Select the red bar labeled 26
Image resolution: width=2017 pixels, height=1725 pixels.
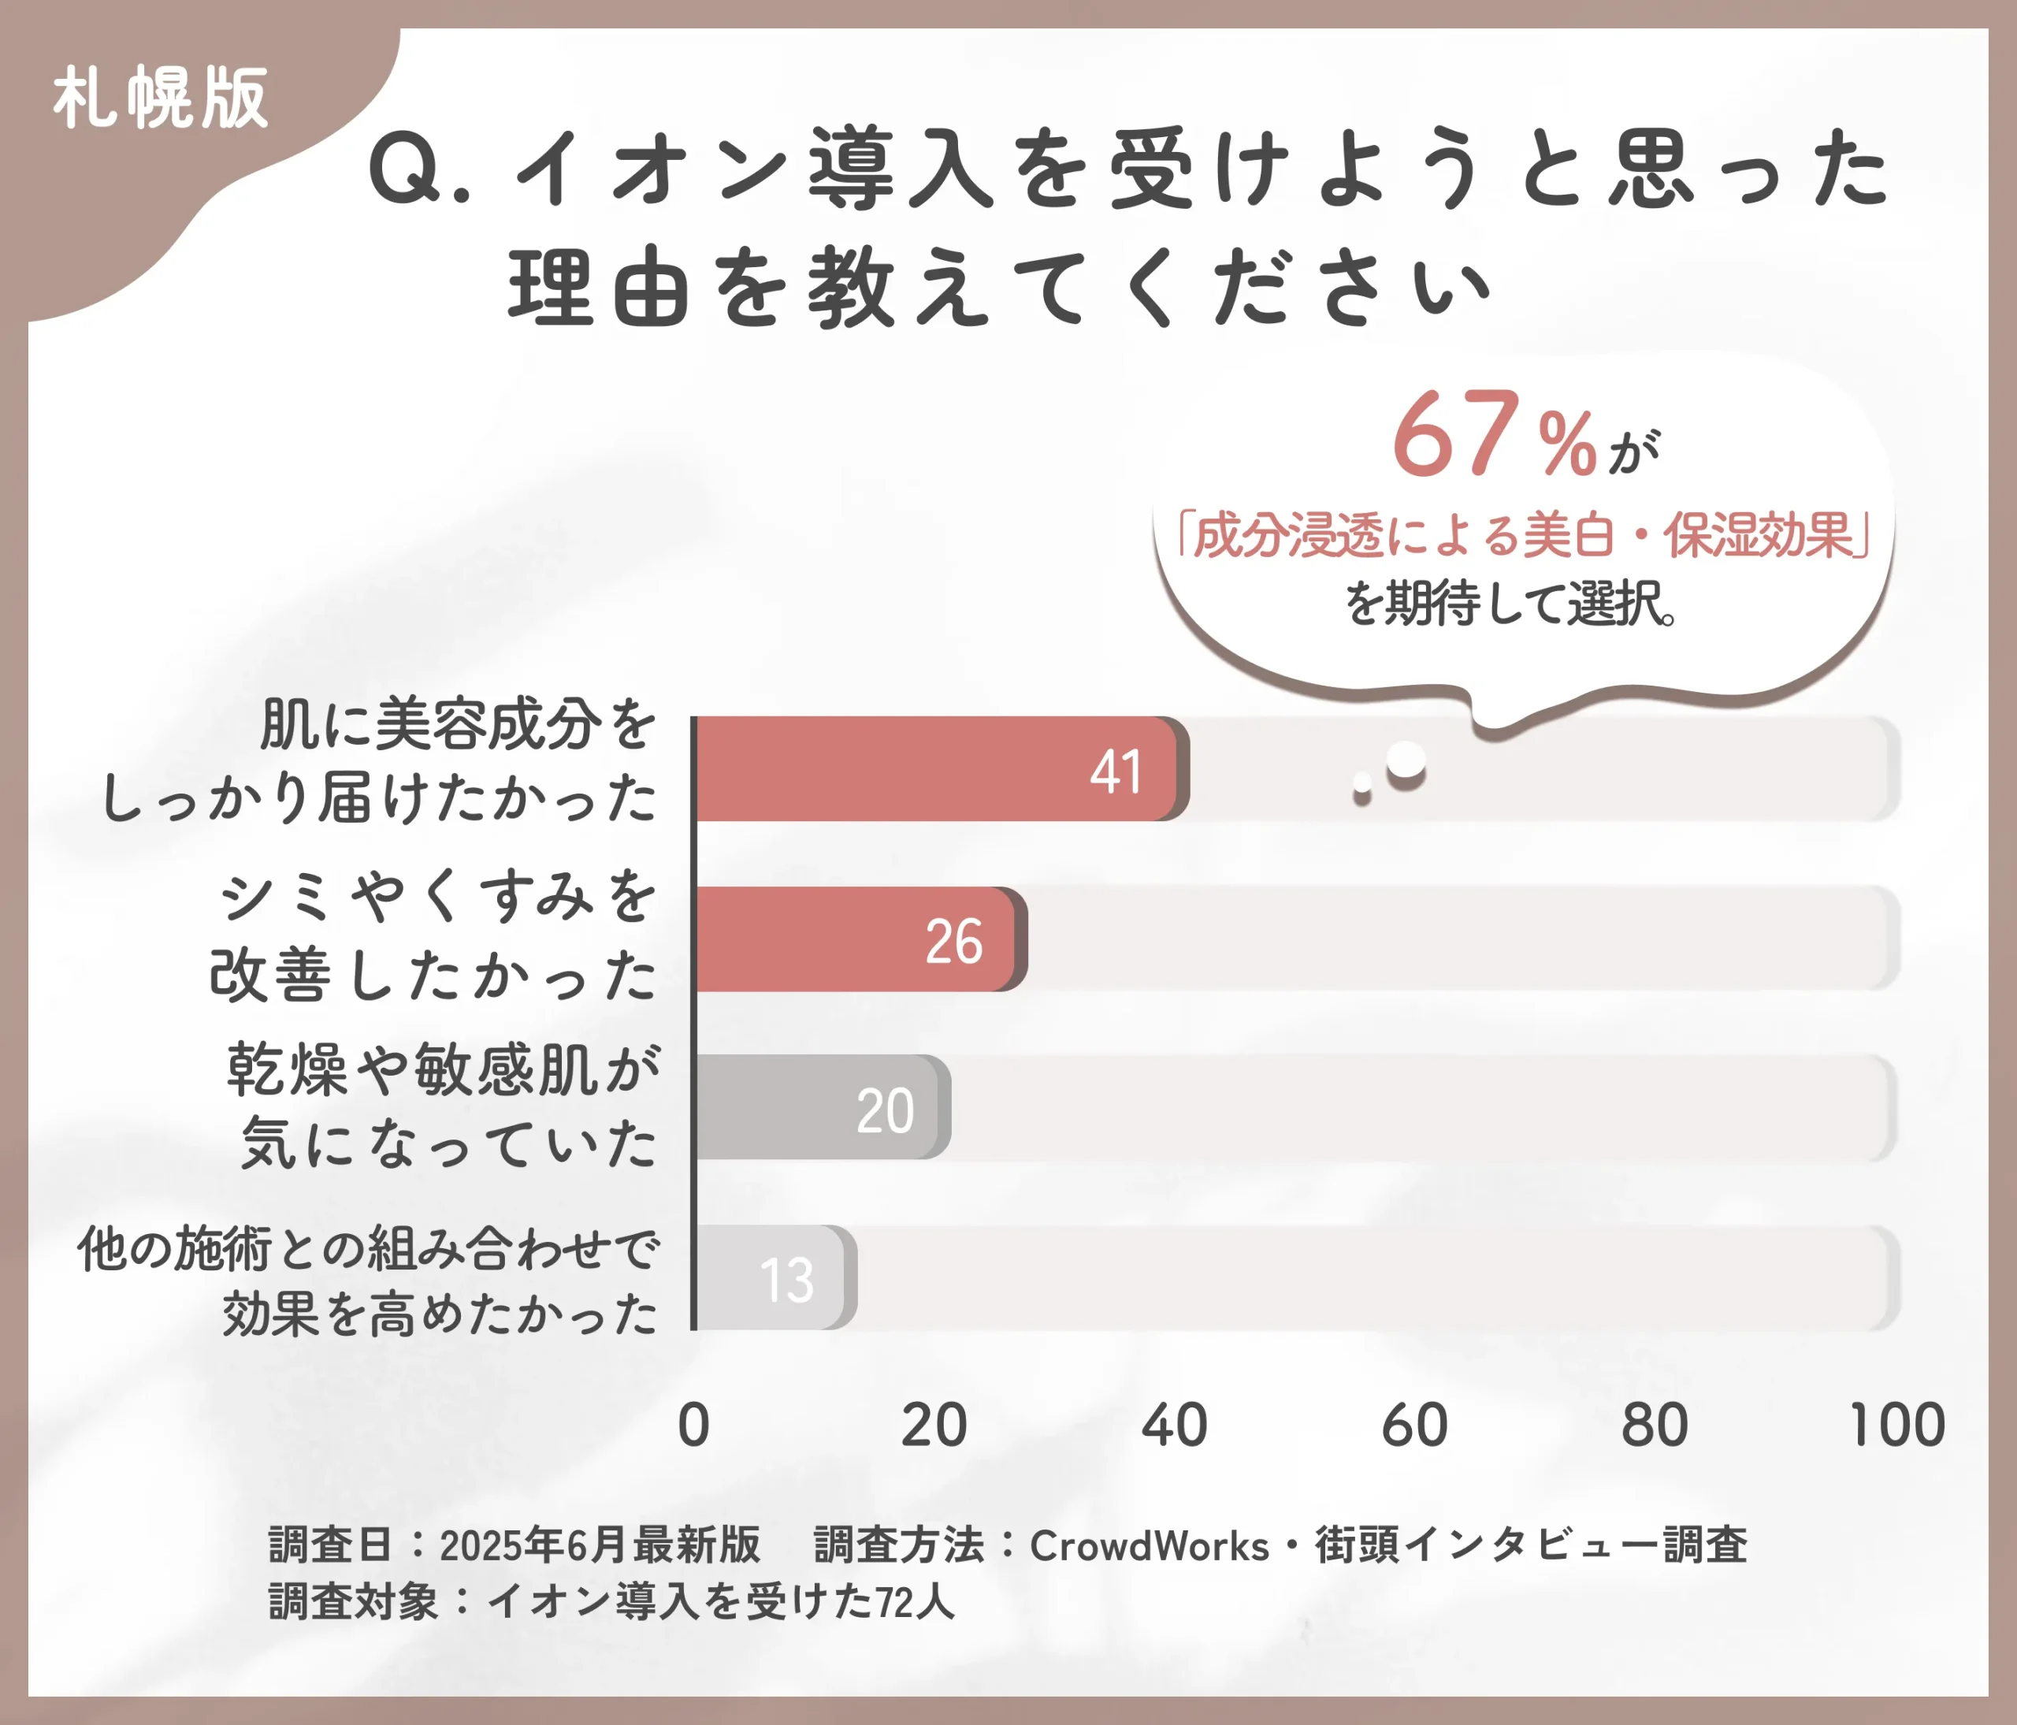click(856, 939)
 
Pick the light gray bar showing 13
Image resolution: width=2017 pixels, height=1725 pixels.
click(774, 1278)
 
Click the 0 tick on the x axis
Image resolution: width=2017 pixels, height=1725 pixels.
click(693, 1426)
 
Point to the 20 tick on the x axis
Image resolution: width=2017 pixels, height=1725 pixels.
click(934, 1426)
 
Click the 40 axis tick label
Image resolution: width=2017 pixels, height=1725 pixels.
click(1174, 1426)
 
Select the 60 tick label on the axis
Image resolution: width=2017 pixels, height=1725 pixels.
click(1414, 1426)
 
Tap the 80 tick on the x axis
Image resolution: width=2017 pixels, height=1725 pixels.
click(1655, 1426)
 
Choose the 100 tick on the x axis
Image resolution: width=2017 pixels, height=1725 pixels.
click(1896, 1426)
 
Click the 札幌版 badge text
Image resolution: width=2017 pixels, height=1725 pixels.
click(161, 99)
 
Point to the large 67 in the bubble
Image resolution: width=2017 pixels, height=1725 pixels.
click(1454, 434)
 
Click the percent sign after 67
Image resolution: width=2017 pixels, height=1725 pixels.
click(1567, 444)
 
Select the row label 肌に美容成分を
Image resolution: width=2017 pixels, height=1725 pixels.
click(458, 724)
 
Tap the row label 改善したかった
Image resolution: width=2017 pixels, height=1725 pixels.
click(433, 976)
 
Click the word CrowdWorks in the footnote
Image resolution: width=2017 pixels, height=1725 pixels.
click(1149, 1546)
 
